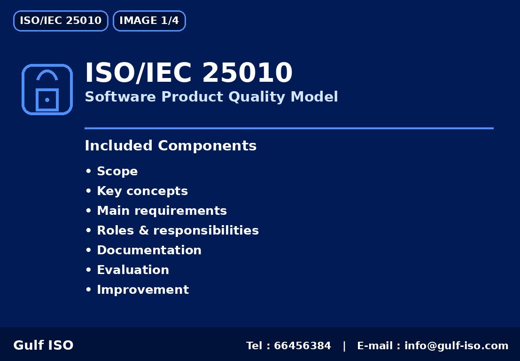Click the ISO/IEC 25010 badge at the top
point(61,21)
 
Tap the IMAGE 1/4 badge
point(149,21)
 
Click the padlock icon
point(47,89)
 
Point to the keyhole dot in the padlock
point(47,100)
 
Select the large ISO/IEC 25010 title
point(188,73)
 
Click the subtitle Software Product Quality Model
point(211,97)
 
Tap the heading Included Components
point(171,146)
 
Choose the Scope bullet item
point(117,171)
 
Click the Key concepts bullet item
point(142,191)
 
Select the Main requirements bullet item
point(162,211)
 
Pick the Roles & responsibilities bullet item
point(178,230)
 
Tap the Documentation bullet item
point(149,250)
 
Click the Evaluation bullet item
point(132,270)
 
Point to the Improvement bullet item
point(142,290)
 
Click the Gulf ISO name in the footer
point(43,345)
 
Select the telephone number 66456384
point(302,346)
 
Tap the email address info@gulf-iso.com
point(456,346)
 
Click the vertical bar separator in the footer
point(344,346)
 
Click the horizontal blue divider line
point(289,128)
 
